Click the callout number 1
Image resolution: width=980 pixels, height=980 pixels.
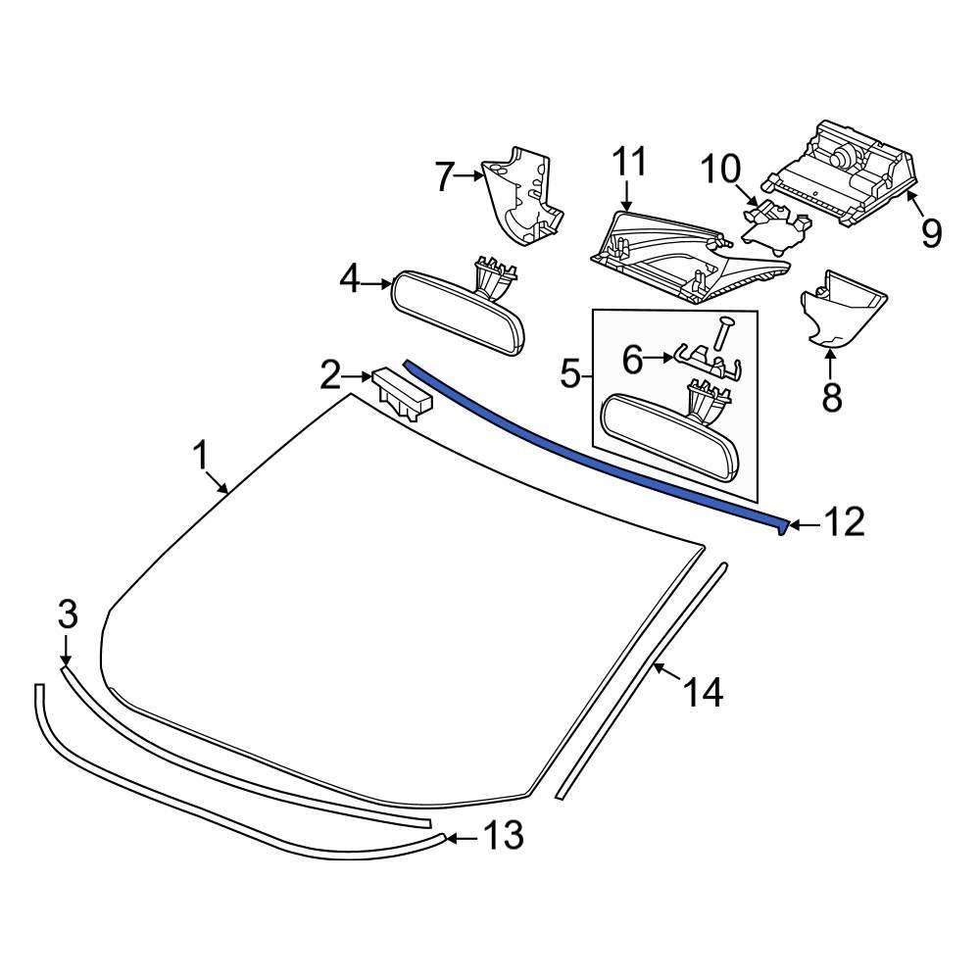coord(200,456)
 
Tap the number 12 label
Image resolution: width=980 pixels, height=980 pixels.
coord(843,522)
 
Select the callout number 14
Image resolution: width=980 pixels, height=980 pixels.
coord(704,692)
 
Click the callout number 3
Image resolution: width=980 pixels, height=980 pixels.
coord(67,614)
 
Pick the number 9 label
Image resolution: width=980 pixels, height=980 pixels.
coord(929,233)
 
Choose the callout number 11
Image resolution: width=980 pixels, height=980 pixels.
coord(630,162)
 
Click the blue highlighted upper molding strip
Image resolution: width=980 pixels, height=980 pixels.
coord(588,447)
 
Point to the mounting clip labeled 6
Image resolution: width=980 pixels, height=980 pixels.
coord(706,361)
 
